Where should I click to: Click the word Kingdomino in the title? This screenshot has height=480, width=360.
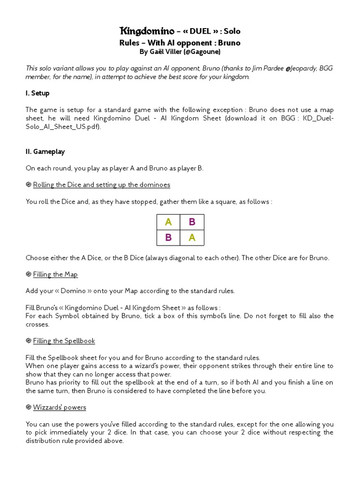pyautogui.click(x=148, y=31)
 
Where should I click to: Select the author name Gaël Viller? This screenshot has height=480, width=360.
pyautogui.click(x=167, y=52)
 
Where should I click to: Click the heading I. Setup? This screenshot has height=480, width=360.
pyautogui.click(x=37, y=93)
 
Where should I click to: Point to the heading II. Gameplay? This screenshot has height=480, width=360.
pyautogui.click(x=45, y=151)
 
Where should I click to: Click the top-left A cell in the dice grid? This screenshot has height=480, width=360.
pyautogui.click(x=168, y=222)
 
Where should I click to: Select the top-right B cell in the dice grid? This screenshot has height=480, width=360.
pyautogui.click(x=192, y=222)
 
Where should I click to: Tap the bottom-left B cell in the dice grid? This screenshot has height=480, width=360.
pyautogui.click(x=168, y=238)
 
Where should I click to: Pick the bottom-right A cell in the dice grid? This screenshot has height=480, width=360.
pyautogui.click(x=192, y=238)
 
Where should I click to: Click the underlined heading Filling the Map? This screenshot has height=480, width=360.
pyautogui.click(x=55, y=274)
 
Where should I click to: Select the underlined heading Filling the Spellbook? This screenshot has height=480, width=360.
pyautogui.click(x=64, y=341)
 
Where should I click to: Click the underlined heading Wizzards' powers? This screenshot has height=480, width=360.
pyautogui.click(x=60, y=407)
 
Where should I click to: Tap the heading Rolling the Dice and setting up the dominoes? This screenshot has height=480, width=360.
pyautogui.click(x=101, y=185)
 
